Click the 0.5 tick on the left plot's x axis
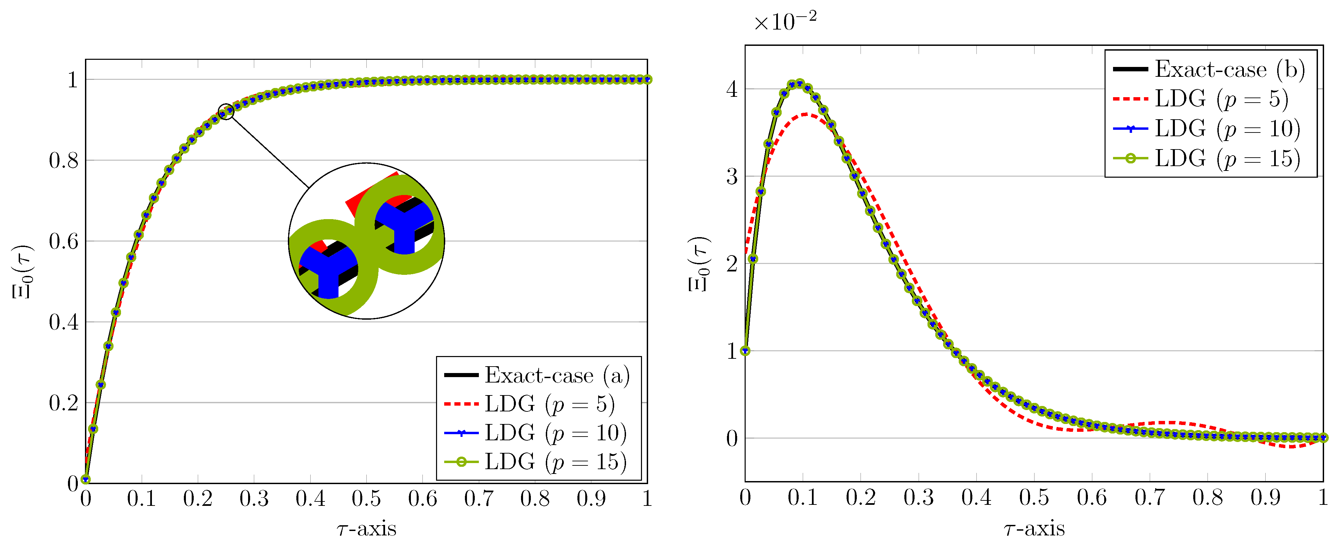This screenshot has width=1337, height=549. point(366,499)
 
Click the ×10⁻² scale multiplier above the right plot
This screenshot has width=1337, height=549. point(785,22)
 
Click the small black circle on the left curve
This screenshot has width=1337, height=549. point(226,111)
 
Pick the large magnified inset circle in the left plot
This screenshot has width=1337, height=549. point(366,241)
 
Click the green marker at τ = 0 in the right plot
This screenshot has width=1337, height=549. point(745,351)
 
